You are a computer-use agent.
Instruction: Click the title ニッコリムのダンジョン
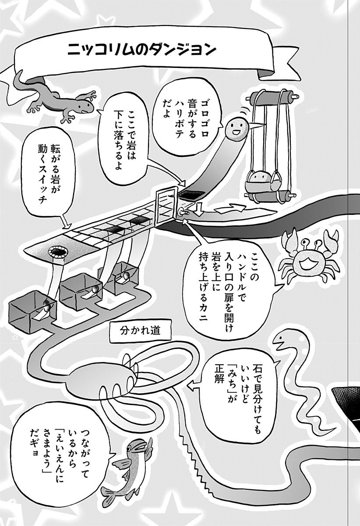(x=141, y=50)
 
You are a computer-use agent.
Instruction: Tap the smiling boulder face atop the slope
(x=237, y=128)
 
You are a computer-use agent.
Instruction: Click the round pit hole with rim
(x=58, y=252)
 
